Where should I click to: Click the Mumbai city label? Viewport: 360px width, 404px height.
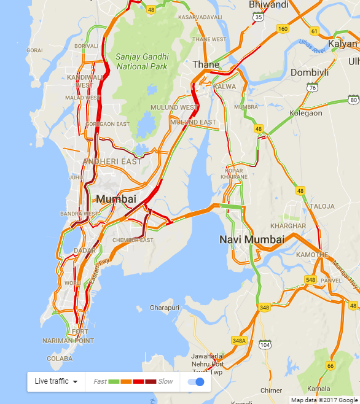pos(116,199)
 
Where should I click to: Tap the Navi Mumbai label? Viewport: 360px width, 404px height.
pos(252,239)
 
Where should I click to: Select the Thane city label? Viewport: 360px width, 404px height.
pos(206,64)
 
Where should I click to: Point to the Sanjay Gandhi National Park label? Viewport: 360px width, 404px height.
pos(141,61)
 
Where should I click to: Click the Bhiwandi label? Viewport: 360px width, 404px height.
pos(268,5)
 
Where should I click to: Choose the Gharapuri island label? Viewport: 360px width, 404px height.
pos(164,307)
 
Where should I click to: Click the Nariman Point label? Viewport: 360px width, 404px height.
pos(68,340)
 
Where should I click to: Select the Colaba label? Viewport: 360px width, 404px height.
pos(60,359)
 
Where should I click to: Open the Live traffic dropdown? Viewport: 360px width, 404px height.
pos(57,381)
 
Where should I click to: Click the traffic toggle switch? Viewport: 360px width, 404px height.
pos(195,382)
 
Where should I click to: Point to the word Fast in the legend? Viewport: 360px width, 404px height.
pos(100,382)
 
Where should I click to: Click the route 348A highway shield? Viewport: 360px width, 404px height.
pos(239,340)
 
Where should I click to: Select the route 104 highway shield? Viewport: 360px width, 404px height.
pos(265,345)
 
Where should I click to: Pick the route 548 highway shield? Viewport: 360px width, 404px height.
pos(310,280)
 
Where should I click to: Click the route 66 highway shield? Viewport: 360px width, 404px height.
pos(330,367)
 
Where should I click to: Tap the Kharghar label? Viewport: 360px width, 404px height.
pos(292,226)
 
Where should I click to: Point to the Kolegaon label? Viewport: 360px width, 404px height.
pos(307,113)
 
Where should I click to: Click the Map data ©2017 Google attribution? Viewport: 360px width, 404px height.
pos(325,400)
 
